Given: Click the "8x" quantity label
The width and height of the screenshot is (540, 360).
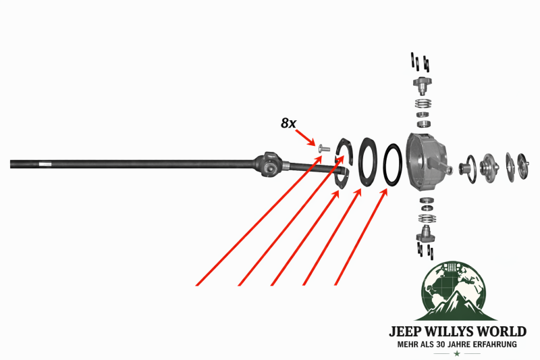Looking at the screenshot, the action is point(288,123).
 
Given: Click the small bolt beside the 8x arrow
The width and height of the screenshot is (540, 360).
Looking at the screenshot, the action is point(324,149).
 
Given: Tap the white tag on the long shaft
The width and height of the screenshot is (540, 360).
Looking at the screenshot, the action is point(45,164).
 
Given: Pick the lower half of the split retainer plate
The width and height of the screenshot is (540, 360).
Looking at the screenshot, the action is point(342,178).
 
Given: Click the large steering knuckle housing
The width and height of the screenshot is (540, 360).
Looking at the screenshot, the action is point(427,161).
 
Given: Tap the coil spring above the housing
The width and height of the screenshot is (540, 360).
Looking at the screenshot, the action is point(423,103).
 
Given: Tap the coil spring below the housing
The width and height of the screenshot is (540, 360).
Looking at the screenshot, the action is point(427,218).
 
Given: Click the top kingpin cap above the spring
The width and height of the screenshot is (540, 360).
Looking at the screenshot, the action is point(423,85).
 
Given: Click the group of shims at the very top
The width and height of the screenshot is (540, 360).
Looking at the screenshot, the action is point(420,62).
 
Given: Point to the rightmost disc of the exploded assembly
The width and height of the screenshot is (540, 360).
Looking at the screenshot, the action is point(522,166).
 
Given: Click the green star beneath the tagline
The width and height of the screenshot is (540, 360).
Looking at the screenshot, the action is point(457,353).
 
